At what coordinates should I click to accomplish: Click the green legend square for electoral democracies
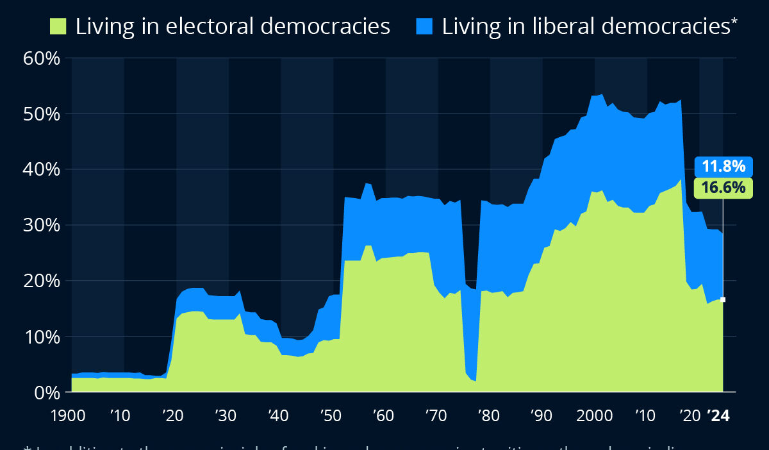tap(58, 26)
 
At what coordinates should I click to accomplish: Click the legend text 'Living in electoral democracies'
tap(233, 26)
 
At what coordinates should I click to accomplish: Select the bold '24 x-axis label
tap(718, 415)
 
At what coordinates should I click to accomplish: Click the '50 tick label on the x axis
tap(330, 415)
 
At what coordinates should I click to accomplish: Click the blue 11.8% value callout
tap(724, 167)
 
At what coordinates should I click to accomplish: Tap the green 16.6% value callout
tap(724, 188)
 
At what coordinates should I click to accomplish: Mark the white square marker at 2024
tap(723, 299)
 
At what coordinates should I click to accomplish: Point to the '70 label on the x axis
tap(436, 415)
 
